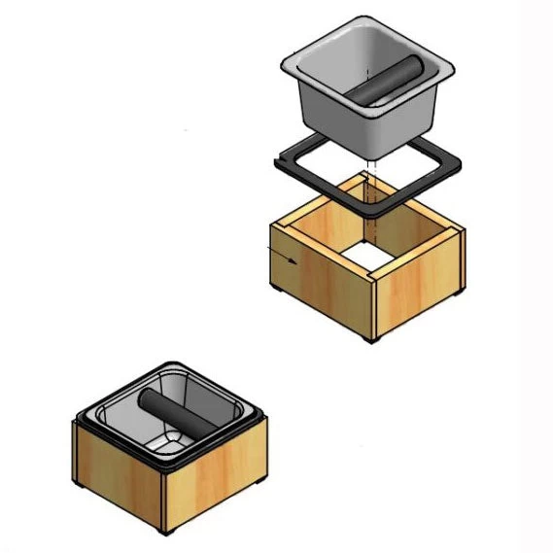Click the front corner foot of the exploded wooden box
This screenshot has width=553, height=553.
point(370,337)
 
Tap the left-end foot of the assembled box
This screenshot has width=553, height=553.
point(78,480)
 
